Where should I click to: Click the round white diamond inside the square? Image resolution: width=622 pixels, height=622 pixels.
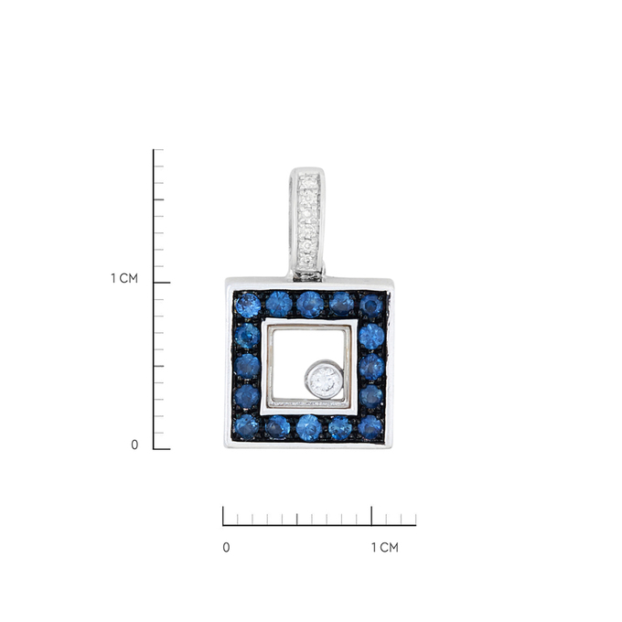tap(325, 380)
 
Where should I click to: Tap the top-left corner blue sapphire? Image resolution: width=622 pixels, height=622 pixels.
tap(248, 305)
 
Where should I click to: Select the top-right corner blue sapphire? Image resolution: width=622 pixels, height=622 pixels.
tap(371, 306)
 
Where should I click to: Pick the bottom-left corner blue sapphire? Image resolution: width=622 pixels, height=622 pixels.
tap(246, 427)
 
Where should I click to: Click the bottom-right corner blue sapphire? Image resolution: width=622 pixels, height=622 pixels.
tap(370, 427)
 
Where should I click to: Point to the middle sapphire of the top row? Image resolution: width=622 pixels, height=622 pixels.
tap(310, 305)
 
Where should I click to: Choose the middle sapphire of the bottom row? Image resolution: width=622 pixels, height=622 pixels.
tap(308, 428)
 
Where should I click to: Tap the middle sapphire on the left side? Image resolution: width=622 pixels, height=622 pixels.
tap(247, 366)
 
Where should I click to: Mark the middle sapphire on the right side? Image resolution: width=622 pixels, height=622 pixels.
tap(371, 367)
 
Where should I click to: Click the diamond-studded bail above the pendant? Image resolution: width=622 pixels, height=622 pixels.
tap(307, 224)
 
